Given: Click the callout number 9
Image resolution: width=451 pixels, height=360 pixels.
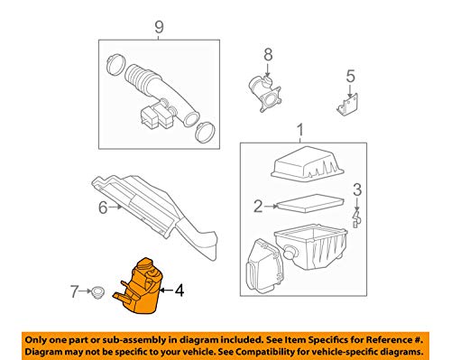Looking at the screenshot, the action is [159, 27].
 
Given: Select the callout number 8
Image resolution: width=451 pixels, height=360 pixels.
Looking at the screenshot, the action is [268, 55].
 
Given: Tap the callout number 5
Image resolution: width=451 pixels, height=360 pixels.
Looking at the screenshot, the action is [350, 76].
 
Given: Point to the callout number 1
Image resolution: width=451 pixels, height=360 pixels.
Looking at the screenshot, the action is [300, 130].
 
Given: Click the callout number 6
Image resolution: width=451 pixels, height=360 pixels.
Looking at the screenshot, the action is [103, 208].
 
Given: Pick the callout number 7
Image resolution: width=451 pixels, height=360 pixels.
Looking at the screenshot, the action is [74, 291].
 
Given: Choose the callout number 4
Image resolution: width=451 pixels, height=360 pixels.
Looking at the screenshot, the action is [179, 291].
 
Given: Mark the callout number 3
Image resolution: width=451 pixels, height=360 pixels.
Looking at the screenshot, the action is [357, 189].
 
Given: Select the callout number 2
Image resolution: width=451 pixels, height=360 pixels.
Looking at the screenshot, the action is [258, 207].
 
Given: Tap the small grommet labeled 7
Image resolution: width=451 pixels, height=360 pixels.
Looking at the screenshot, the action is [97, 291].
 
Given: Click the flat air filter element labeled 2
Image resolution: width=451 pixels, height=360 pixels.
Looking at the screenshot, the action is [310, 204].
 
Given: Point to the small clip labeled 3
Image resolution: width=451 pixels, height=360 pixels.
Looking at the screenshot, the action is [356, 220].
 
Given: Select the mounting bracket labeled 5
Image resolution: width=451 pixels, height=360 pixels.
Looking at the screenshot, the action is [347, 104].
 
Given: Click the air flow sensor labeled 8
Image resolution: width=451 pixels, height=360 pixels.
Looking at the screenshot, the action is [264, 93].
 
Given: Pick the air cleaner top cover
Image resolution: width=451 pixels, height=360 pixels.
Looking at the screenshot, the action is [307, 164].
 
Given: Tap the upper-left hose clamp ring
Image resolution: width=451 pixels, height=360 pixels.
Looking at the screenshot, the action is [115, 64].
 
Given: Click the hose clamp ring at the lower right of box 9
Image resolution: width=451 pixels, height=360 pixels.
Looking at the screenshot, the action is [205, 133].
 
